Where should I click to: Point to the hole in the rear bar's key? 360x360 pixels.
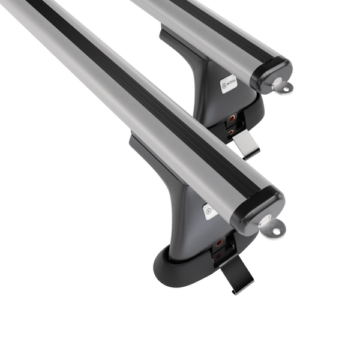[285, 89]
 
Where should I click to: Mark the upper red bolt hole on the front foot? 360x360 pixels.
[220, 243]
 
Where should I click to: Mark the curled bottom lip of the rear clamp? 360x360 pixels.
[251, 154]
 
